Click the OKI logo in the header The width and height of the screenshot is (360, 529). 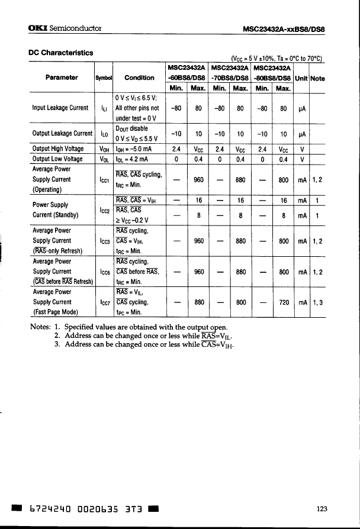pos(38,28)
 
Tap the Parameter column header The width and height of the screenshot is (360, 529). pos(62,78)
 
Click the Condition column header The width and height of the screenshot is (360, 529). pos(140,78)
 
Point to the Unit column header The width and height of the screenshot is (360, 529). pos(301,78)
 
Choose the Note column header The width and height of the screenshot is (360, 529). pos(317,78)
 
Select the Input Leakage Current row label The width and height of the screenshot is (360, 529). pos(60,108)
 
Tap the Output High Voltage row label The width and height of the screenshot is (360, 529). pos(58,150)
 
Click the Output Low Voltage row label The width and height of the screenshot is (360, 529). pos(57,159)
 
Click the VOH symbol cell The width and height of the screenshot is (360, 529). pos(103,150)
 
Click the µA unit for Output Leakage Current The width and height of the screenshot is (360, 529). pos(301,134)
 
